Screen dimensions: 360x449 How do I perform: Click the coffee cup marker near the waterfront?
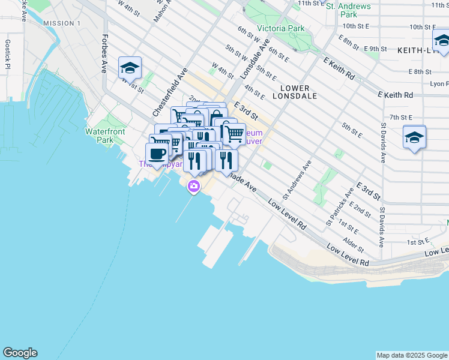pyautogui.click(x=157, y=154)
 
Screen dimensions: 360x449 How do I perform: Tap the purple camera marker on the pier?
pyautogui.click(x=194, y=187)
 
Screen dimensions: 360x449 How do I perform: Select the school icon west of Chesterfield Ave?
pyautogui.click(x=129, y=68)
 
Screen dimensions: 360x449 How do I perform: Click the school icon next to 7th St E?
pyautogui.click(x=414, y=138)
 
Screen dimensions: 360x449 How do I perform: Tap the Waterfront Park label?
pyautogui.click(x=100, y=136)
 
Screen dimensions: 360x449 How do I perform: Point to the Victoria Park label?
pyautogui.click(x=280, y=28)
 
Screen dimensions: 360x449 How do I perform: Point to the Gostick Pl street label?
pyautogui.click(x=7, y=55)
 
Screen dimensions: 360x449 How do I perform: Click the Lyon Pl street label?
pyautogui.click(x=439, y=84)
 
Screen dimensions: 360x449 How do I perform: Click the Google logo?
pyautogui.click(x=20, y=353)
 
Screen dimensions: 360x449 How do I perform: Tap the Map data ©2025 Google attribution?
pyautogui.click(x=411, y=355)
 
